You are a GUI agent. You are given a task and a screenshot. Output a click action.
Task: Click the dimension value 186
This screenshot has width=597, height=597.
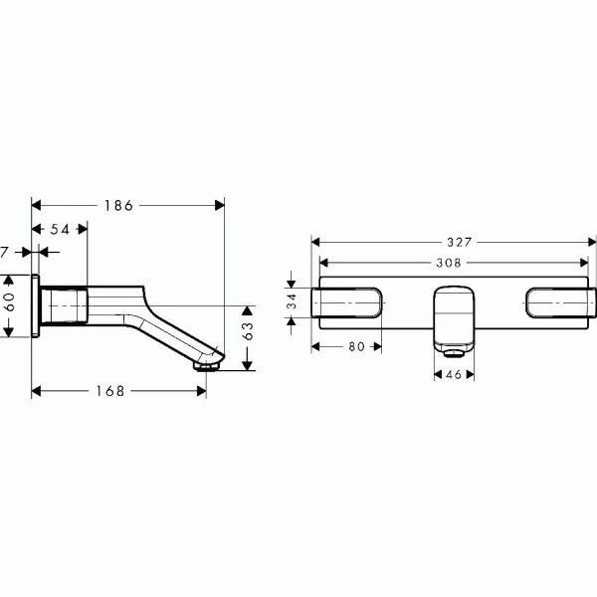[x=117, y=205]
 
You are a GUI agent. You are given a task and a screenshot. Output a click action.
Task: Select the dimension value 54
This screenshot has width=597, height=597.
[x=60, y=229]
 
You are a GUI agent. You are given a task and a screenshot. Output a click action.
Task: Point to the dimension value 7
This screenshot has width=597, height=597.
[x=5, y=253]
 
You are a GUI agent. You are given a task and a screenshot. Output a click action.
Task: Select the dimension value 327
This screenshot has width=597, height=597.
[x=458, y=241]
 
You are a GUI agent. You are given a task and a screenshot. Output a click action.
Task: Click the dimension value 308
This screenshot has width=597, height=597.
[x=452, y=264]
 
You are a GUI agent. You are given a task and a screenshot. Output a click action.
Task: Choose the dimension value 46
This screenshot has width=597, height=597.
[x=454, y=375]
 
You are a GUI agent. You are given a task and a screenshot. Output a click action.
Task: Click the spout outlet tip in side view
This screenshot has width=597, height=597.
[x=207, y=365]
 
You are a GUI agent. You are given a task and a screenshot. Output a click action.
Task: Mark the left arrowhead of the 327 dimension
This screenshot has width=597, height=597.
[x=316, y=241]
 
